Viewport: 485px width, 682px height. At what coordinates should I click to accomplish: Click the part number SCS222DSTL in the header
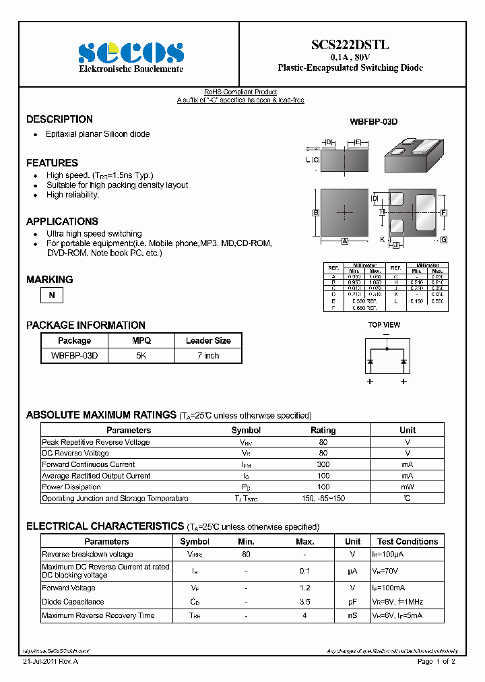coord(350,45)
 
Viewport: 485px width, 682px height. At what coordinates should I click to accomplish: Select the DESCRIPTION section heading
coord(59,119)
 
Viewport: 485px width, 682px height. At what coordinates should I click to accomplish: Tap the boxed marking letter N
coord(51,295)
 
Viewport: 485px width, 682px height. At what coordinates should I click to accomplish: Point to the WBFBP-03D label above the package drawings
coord(373,122)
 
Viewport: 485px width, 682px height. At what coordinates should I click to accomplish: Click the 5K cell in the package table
coord(141,355)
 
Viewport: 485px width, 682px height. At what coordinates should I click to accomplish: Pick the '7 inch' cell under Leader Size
coord(208,355)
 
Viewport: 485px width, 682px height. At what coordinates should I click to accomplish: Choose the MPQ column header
coord(141,340)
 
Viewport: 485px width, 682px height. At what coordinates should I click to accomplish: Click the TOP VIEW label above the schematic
coord(384,325)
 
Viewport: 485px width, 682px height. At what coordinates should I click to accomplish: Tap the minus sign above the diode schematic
coord(387,334)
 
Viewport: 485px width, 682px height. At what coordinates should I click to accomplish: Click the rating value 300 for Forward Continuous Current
coord(323,464)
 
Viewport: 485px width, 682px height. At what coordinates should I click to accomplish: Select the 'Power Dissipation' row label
coord(71,487)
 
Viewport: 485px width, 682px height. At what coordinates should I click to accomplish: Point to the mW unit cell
coord(407,487)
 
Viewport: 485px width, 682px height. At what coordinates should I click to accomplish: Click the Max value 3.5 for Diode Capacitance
coord(304,602)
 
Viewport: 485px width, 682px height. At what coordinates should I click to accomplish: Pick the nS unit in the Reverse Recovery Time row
coord(352,615)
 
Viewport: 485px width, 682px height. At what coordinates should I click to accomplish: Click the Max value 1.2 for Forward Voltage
coord(304,588)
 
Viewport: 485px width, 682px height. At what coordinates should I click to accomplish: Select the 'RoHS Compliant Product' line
coord(240,92)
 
